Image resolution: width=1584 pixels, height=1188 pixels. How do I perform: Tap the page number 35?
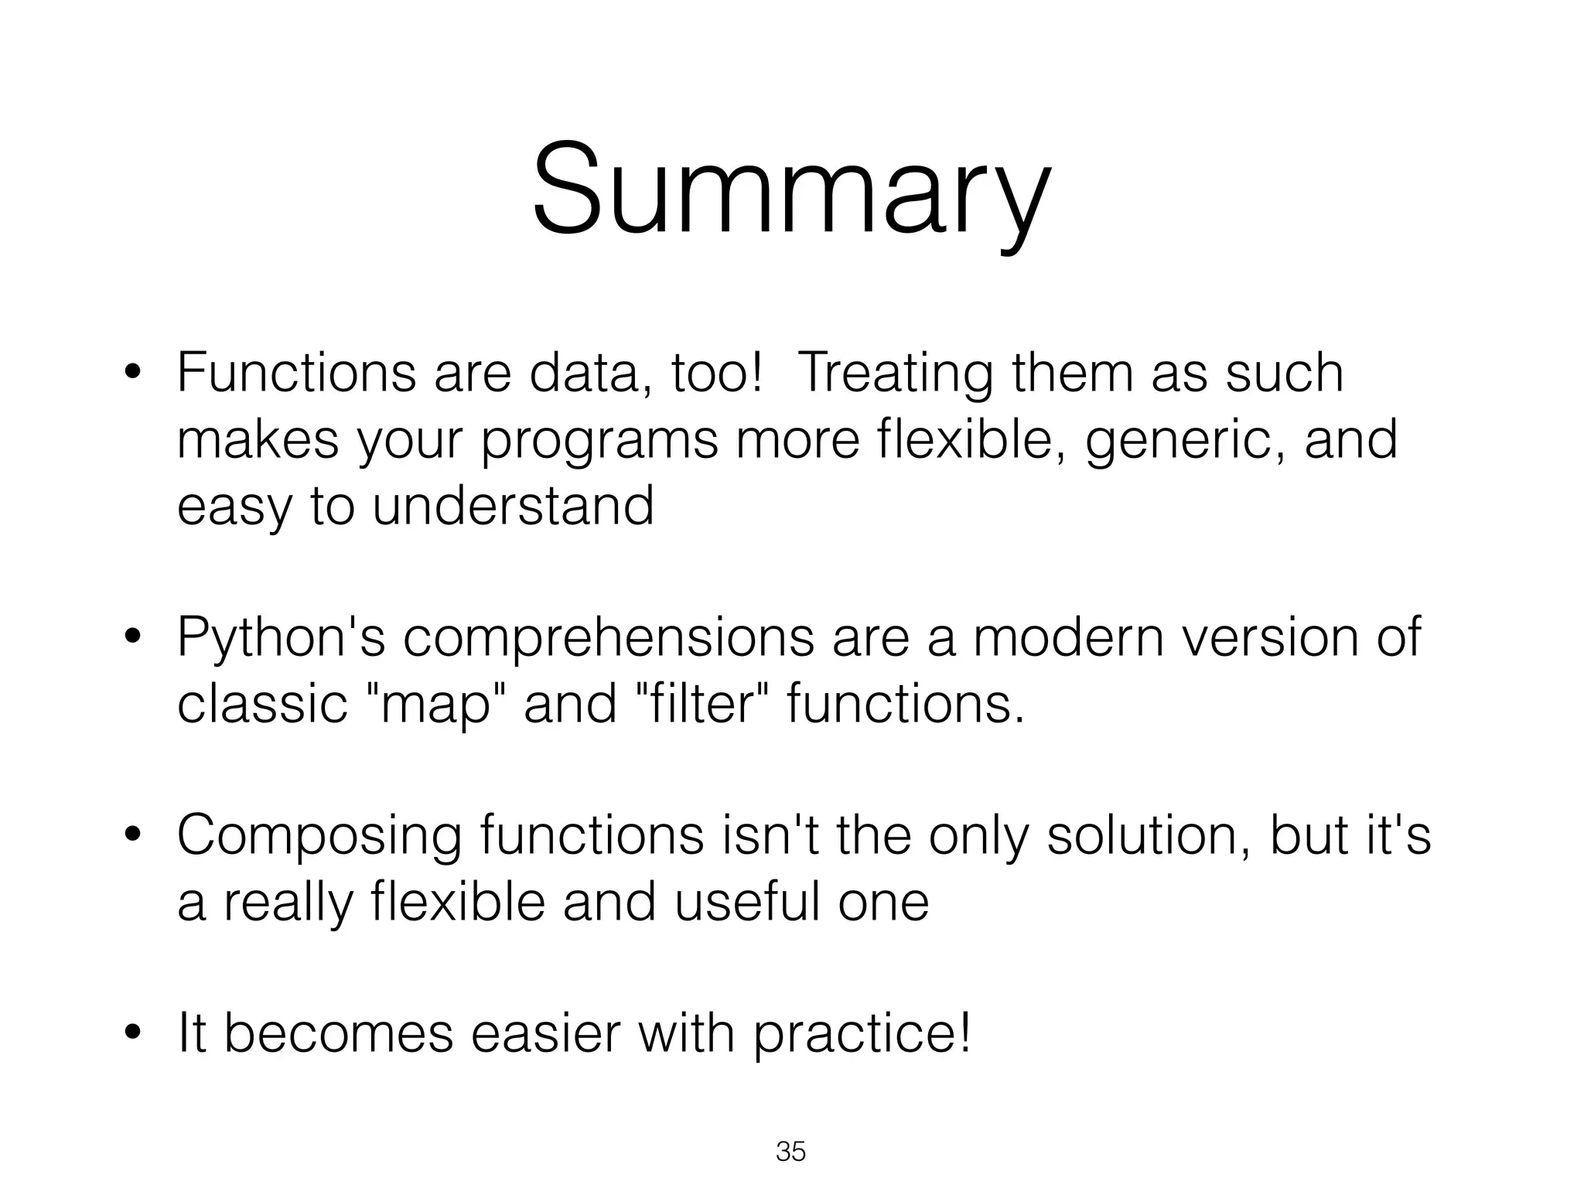click(790, 1152)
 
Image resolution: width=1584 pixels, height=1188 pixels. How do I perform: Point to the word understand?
click(514, 506)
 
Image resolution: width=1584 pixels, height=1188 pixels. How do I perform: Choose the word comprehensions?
click(608, 639)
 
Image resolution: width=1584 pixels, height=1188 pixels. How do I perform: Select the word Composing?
click(319, 836)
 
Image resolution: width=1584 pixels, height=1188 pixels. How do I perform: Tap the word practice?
click(862, 1035)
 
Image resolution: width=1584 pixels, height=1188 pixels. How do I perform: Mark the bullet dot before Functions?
click(133, 374)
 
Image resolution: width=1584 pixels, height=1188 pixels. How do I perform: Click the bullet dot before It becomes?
click(133, 1034)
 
